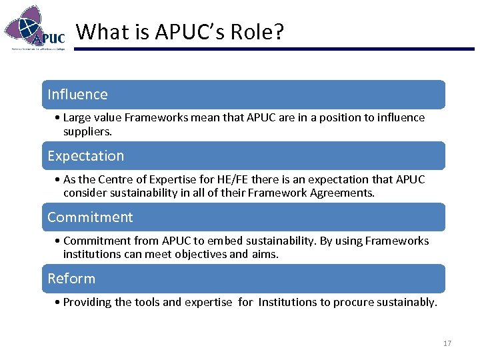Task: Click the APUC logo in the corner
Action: coord(35,28)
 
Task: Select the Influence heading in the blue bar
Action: coord(77,95)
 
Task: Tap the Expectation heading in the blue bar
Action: coord(85,156)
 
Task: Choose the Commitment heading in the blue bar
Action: coord(90,217)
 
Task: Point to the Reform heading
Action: coord(71,279)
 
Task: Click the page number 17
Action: coord(447,343)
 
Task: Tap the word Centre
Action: coord(121,179)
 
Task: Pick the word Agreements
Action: coord(342,193)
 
